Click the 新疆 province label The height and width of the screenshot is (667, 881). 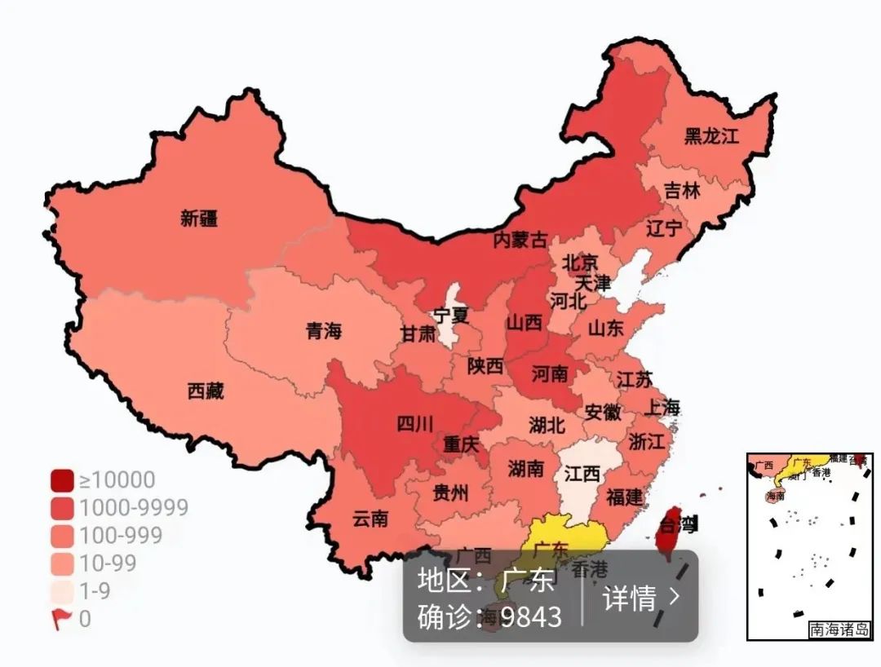tap(199, 218)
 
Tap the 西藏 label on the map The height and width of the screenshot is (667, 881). tap(206, 391)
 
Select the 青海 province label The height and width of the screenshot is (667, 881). tap(324, 331)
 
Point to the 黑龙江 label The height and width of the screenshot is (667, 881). tap(711, 135)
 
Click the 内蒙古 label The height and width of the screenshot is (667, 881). tap(520, 240)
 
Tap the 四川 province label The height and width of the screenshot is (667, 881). tap(415, 423)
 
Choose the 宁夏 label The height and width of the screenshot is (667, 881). tap(451, 315)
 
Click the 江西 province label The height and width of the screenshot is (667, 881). tap(582, 474)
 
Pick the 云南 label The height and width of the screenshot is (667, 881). tap(370, 518)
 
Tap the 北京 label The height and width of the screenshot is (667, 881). tap(580, 263)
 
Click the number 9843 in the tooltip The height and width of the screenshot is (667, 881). tap(531, 617)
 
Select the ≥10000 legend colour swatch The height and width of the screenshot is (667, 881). tap(62, 480)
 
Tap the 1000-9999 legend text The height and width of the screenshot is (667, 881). tap(134, 508)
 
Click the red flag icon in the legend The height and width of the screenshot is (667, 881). tap(61, 620)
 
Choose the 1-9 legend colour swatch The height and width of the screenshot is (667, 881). tap(62, 591)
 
